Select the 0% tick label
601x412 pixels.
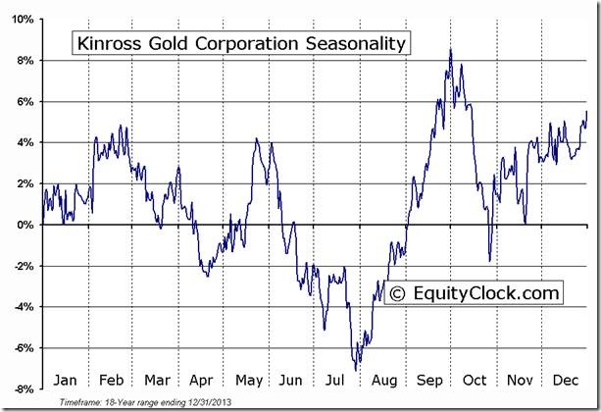pyautogui.click(x=26, y=225)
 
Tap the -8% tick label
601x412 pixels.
pyautogui.click(x=25, y=388)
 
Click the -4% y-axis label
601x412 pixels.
pyautogui.click(x=25, y=307)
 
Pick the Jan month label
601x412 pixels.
pyautogui.click(x=65, y=380)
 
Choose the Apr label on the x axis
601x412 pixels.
pyautogui.click(x=201, y=380)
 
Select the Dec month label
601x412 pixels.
pyautogui.click(x=566, y=380)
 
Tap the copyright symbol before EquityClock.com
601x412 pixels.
pyautogui.click(x=397, y=292)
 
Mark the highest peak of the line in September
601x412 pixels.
pyautogui.click(x=450, y=50)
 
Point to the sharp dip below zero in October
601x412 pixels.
pyautogui.click(x=489, y=261)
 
